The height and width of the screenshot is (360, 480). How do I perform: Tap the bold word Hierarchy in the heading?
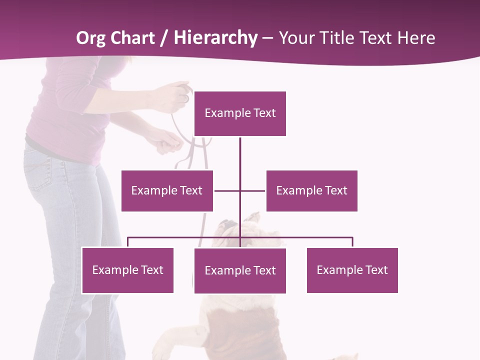pyautogui.click(x=215, y=38)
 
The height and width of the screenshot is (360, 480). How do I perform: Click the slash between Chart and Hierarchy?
pyautogui.click(x=163, y=38)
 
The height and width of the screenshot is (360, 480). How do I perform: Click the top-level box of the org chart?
pyautogui.click(x=240, y=113)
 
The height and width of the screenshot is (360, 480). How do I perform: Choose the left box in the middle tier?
pyautogui.click(x=167, y=190)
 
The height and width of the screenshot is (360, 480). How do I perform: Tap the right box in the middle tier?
pyautogui.click(x=311, y=190)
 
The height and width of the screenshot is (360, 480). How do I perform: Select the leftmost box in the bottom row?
pyautogui.click(x=127, y=270)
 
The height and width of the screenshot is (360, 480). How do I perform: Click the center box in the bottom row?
pyautogui.click(x=240, y=270)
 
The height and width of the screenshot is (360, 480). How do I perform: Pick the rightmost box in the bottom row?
pyautogui.click(x=352, y=270)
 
